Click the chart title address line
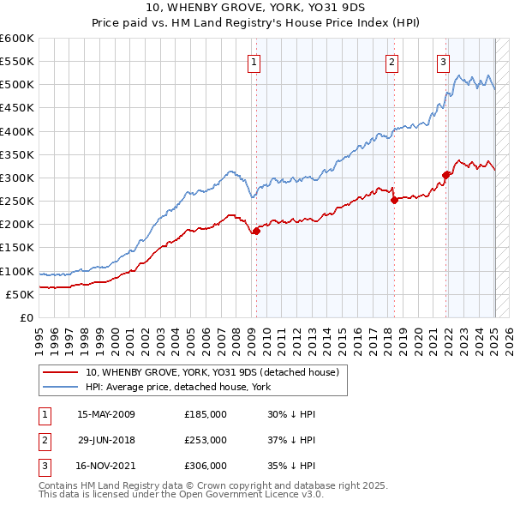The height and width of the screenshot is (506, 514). [x=257, y=8]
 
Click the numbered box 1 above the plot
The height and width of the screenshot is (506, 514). [x=255, y=61]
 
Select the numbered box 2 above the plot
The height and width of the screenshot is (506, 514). [x=391, y=61]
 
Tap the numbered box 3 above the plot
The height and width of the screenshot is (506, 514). [x=443, y=61]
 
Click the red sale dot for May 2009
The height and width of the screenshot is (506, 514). [x=256, y=231]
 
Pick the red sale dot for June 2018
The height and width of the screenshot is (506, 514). [x=394, y=200]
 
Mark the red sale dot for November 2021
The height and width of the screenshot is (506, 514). [x=446, y=175]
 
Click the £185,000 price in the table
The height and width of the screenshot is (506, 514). [x=205, y=414]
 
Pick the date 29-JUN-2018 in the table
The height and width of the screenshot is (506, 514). [x=106, y=440]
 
